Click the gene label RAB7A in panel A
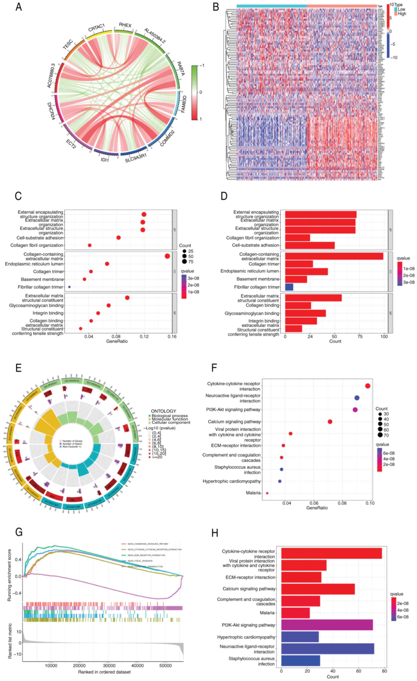[x=181, y=69]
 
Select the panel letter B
[x=216, y=7]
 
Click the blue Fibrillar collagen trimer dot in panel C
[x=69, y=287]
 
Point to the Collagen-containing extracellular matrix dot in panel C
[x=167, y=256]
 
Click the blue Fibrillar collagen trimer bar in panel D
[x=289, y=287]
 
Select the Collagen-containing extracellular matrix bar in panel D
[x=334, y=256]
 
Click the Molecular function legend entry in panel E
[x=170, y=419]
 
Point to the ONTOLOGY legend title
[x=163, y=411]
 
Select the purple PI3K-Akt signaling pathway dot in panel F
[x=355, y=410]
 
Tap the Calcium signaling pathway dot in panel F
[x=330, y=421]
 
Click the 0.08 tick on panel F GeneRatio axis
[x=342, y=503]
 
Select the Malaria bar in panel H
[x=295, y=613]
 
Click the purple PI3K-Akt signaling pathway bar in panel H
[x=327, y=625]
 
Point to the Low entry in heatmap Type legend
[x=401, y=9]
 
